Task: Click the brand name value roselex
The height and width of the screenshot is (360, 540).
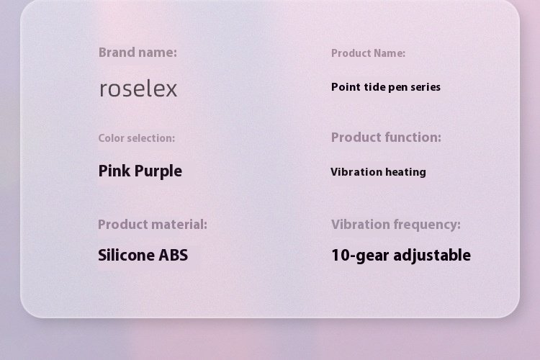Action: pyautogui.click(x=138, y=89)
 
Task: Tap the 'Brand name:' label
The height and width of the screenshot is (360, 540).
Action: pyautogui.click(x=138, y=53)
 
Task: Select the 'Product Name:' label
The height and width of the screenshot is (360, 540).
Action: pyautogui.click(x=368, y=53)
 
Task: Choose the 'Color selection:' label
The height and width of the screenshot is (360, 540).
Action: pyautogui.click(x=137, y=138)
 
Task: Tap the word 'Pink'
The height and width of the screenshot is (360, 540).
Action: pyautogui.click(x=114, y=171)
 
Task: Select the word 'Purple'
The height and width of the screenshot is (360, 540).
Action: pyautogui.click(x=158, y=171)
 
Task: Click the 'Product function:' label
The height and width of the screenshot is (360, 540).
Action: pyautogui.click(x=386, y=138)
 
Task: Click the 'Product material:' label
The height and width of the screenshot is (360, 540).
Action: pyautogui.click(x=153, y=224)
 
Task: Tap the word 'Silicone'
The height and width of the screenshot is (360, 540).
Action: pyautogui.click(x=127, y=256)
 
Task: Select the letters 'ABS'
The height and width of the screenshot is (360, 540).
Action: pyautogui.click(x=174, y=256)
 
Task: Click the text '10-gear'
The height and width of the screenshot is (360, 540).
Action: pyautogui.click(x=360, y=256)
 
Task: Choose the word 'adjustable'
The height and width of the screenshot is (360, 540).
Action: pyautogui.click(x=432, y=256)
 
